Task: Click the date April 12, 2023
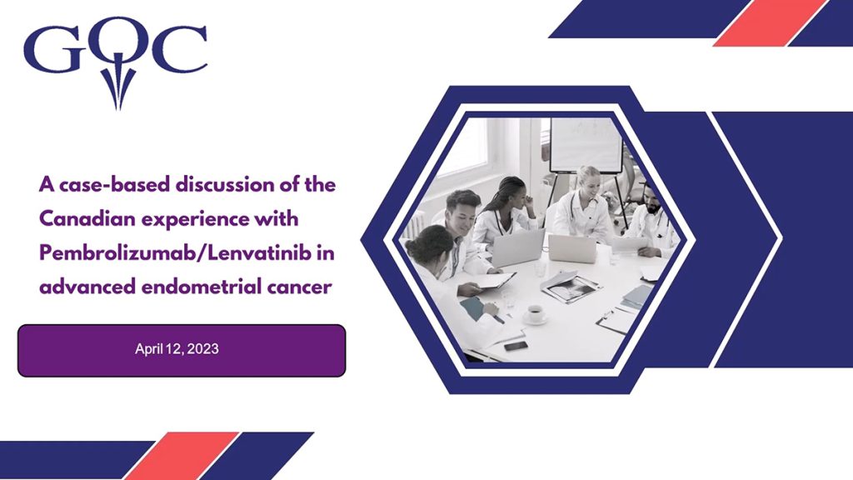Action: click(x=177, y=350)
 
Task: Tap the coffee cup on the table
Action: click(x=534, y=314)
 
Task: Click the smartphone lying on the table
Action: click(x=516, y=345)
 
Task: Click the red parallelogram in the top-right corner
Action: click(x=766, y=23)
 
